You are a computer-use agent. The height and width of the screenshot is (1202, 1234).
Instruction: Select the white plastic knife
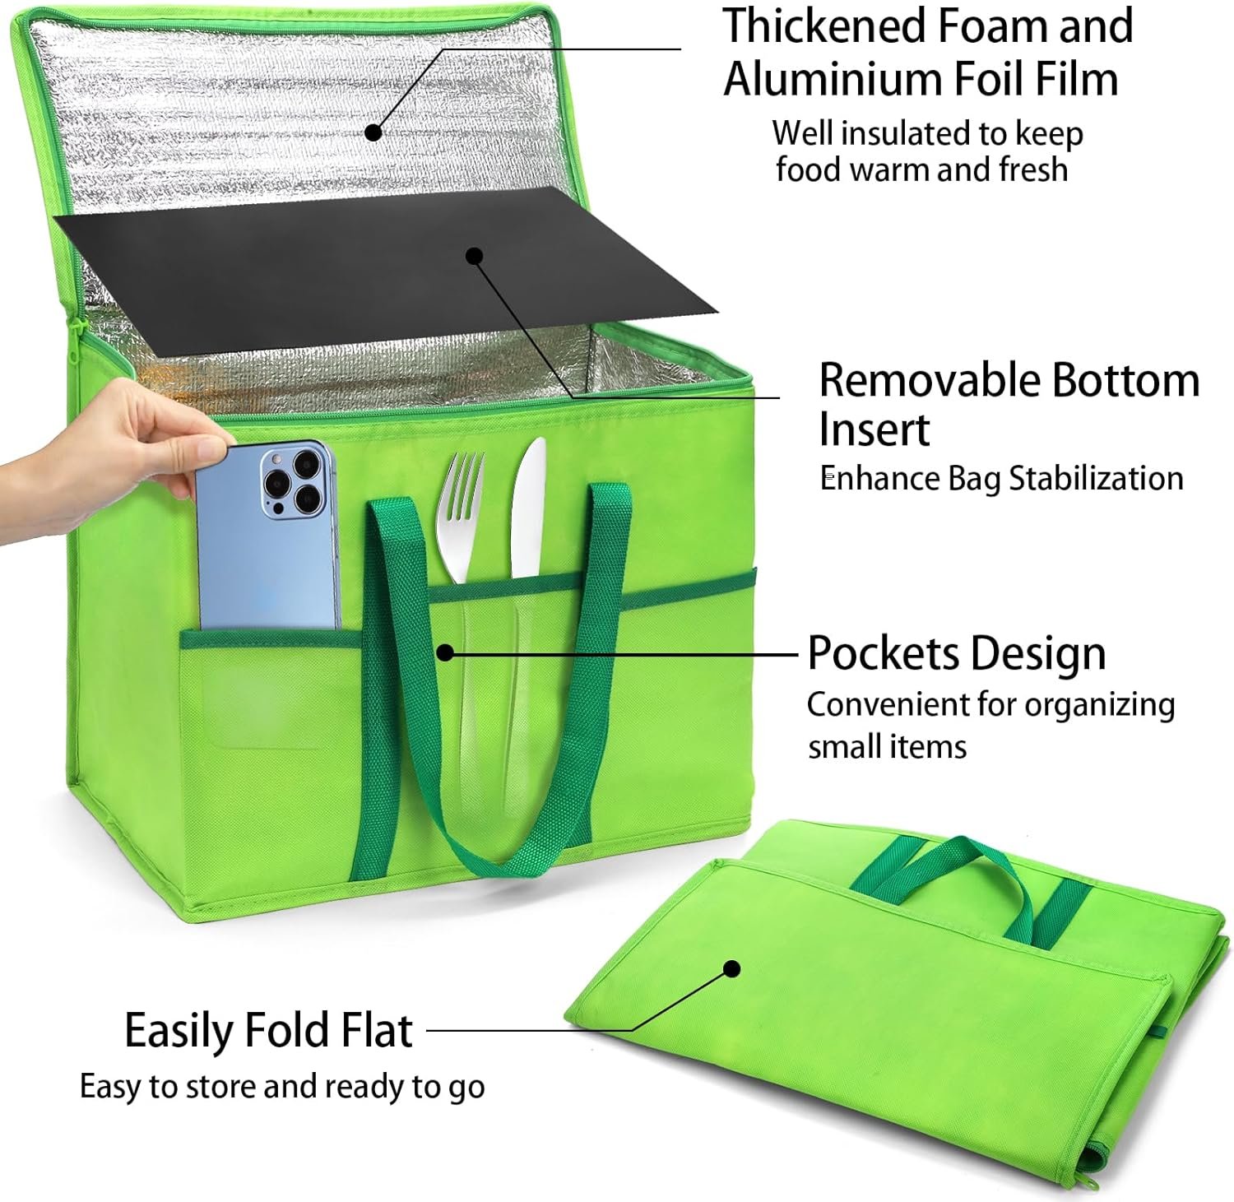(527, 510)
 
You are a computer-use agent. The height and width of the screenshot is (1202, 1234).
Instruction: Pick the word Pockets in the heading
(879, 654)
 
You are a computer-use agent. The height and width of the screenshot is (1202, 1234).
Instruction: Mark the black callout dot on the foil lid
(373, 132)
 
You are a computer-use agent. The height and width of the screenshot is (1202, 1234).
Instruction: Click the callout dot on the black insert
(474, 256)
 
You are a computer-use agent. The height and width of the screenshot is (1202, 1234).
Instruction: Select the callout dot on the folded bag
(731, 968)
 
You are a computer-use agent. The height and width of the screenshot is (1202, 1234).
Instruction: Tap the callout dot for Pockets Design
(445, 653)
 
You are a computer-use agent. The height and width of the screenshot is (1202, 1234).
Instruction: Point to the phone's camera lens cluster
(292, 480)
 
